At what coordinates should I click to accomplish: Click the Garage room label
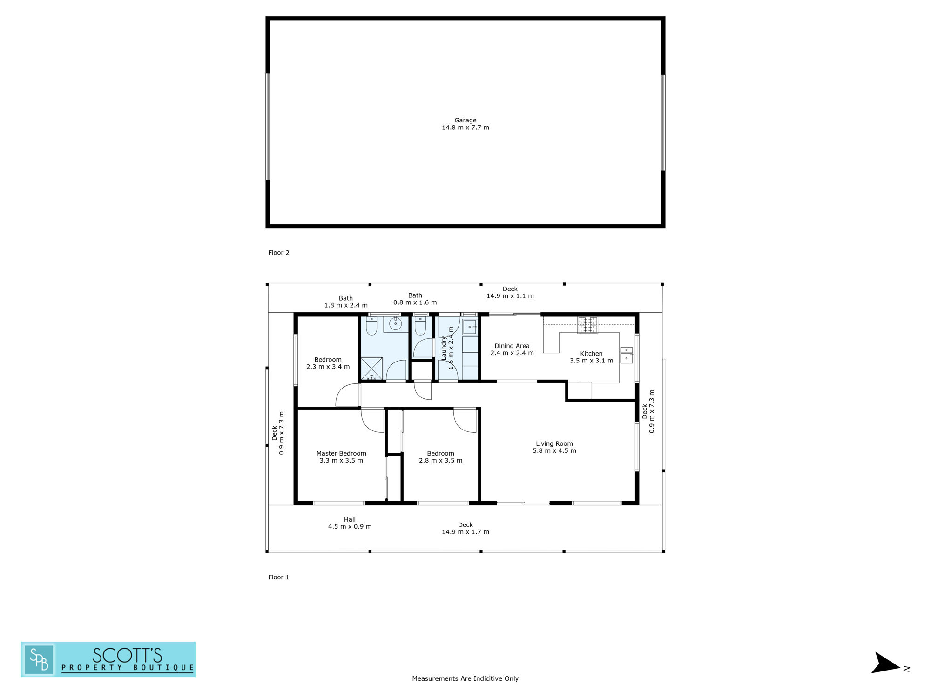(465, 124)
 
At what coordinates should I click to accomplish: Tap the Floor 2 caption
(279, 253)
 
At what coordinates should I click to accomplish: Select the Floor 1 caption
(279, 577)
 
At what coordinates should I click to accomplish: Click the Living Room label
(554, 447)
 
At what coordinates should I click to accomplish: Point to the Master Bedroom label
(341, 457)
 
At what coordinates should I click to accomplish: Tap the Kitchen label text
(591, 357)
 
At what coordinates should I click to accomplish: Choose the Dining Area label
(512, 349)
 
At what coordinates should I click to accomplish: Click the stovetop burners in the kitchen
(588, 325)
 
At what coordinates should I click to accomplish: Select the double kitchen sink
(627, 355)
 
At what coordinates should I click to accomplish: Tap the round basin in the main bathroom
(396, 323)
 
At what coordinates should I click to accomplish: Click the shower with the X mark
(372, 369)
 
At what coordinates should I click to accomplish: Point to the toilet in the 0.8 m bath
(420, 326)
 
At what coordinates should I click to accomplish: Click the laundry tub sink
(470, 327)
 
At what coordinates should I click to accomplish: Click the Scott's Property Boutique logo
(108, 659)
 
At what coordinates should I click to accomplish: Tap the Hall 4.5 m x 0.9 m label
(350, 523)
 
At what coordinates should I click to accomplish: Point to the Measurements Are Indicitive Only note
(465, 678)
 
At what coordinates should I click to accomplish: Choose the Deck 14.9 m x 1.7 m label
(465, 528)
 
